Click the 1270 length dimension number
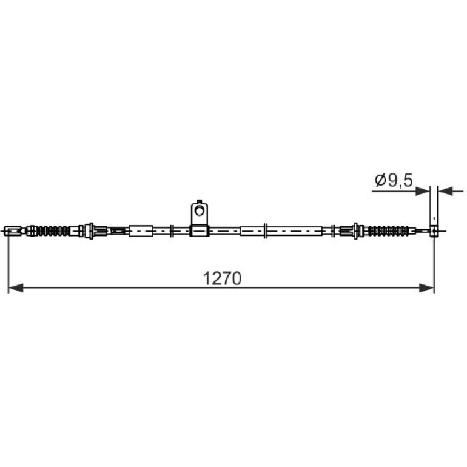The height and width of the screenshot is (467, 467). pyautogui.click(x=222, y=279)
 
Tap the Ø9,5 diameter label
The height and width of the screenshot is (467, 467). pyautogui.click(x=394, y=180)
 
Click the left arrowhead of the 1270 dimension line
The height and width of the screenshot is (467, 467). pyautogui.click(x=16, y=288)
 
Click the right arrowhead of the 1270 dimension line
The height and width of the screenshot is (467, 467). pyautogui.click(x=426, y=288)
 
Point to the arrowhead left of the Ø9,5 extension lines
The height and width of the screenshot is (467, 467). pyautogui.click(x=423, y=191)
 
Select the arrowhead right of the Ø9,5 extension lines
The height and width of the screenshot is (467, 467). pyautogui.click(x=446, y=191)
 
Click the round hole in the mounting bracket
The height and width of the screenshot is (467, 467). pyautogui.click(x=199, y=211)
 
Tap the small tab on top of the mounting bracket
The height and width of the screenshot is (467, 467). pyautogui.click(x=200, y=201)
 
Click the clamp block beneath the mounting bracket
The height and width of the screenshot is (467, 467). pyautogui.click(x=200, y=231)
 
